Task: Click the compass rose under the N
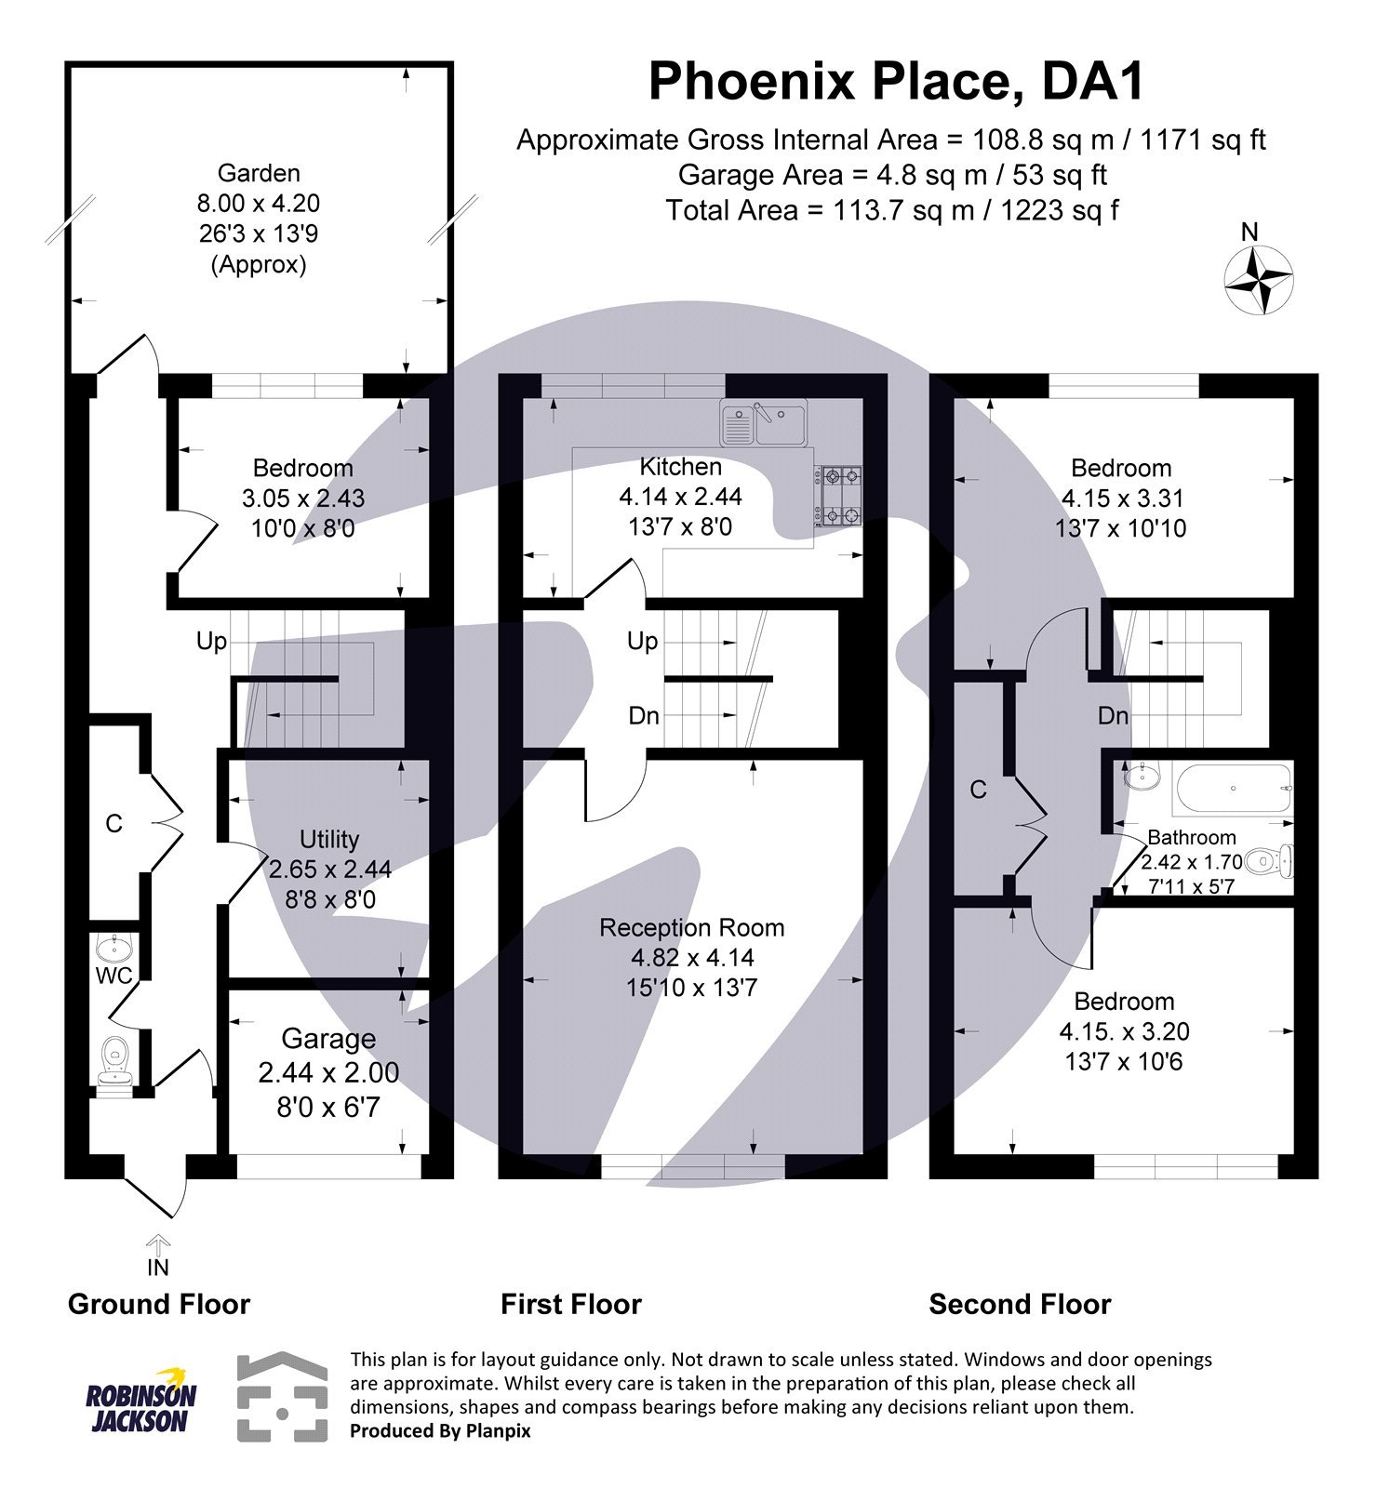coord(1258,279)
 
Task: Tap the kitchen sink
coord(764,424)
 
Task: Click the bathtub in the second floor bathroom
coord(1234,789)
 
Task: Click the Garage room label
coord(328,1039)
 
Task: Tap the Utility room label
coord(329,840)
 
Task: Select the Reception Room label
coord(691,927)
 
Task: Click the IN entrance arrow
coord(158,1245)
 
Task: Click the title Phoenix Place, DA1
coord(895,82)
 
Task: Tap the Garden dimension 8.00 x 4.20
coord(259,204)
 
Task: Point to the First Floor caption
coord(571,1304)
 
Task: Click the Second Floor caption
coord(1020,1304)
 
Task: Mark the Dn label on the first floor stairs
coord(644,715)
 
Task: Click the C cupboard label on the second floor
coord(978,790)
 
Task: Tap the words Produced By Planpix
coord(440,1430)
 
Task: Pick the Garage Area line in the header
coord(891,175)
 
